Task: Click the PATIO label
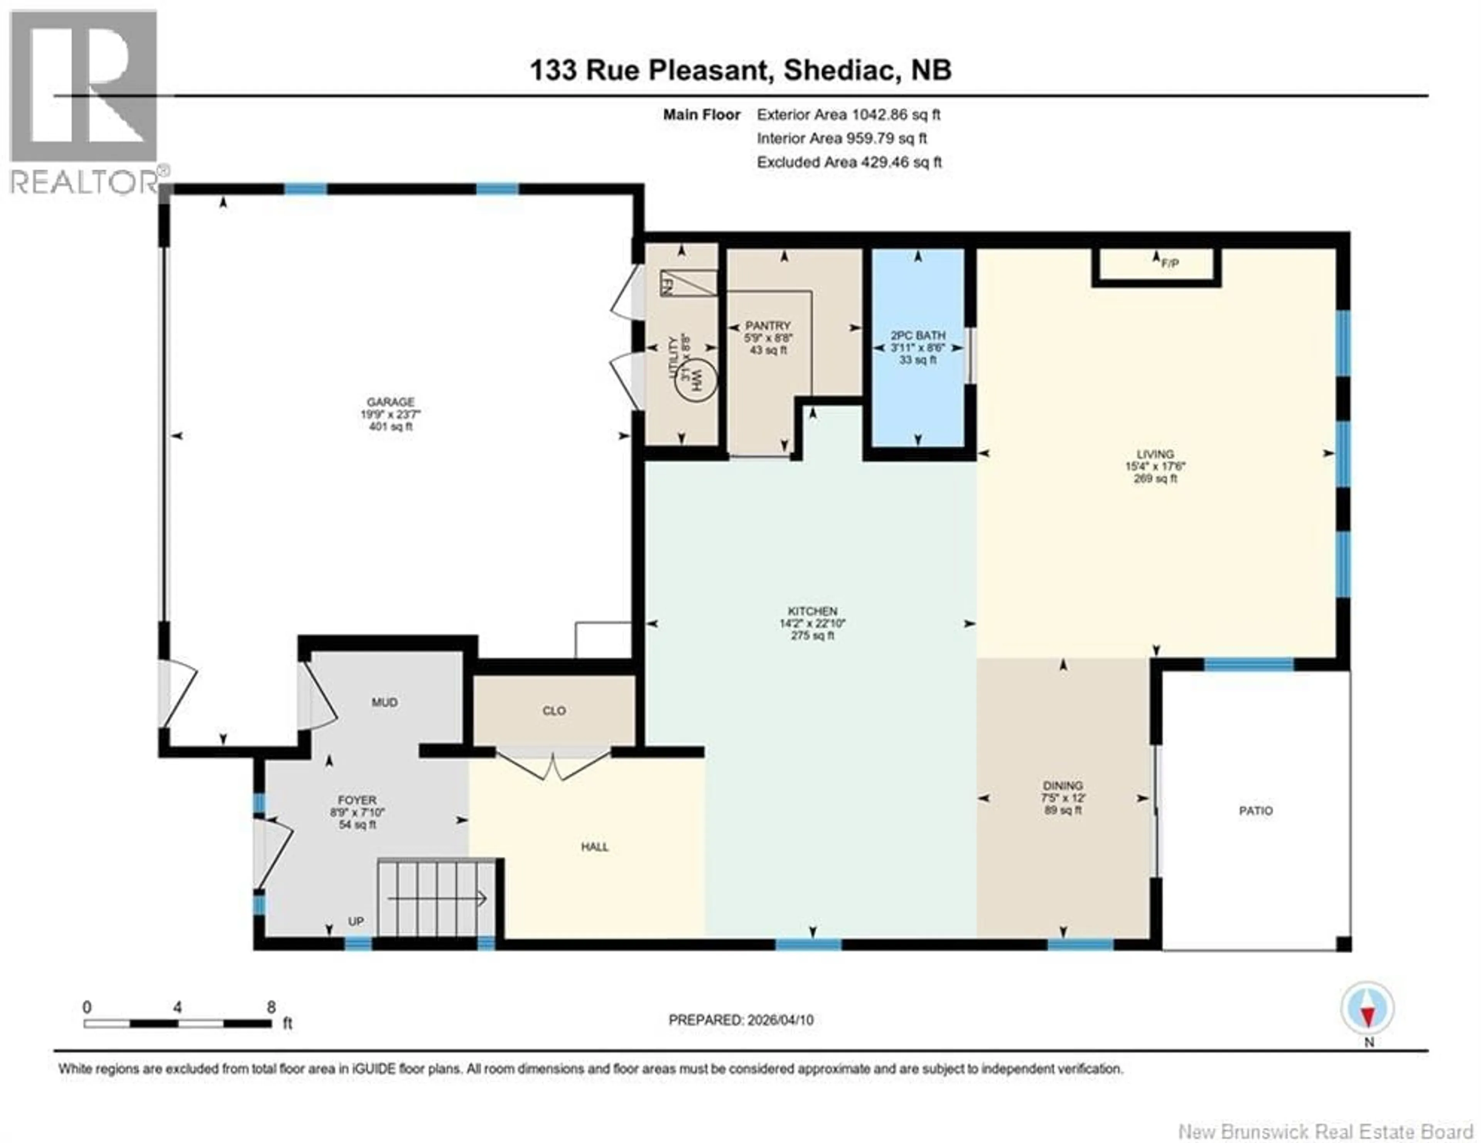tap(1255, 811)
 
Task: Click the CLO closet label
tap(554, 710)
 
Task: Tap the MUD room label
tap(385, 702)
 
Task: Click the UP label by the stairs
tap(356, 921)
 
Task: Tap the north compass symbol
tap(1368, 1009)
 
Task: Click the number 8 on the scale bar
tap(271, 1007)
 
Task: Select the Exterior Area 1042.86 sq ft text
tap(848, 115)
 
